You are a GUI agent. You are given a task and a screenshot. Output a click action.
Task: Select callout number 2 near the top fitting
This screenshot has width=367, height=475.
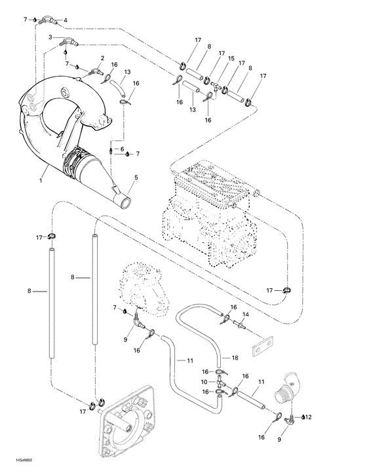tap(102, 58)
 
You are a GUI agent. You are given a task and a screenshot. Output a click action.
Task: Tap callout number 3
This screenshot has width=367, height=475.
tap(50, 37)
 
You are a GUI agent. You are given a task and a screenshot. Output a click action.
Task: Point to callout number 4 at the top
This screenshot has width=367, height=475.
tap(65, 20)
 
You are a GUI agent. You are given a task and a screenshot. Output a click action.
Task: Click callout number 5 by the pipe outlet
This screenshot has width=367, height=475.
tap(136, 176)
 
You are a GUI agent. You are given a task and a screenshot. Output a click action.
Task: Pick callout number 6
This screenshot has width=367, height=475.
tap(122, 150)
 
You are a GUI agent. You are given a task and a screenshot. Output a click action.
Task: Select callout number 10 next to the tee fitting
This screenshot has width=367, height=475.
tap(203, 381)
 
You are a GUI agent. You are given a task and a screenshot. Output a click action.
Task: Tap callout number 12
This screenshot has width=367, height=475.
tap(308, 417)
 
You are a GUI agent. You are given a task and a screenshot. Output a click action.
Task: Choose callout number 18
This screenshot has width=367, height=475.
tap(235, 358)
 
